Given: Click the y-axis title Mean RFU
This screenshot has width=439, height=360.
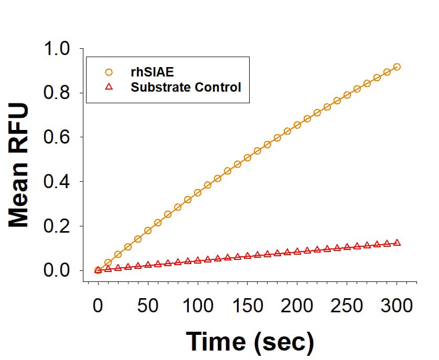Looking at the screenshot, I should [19, 165].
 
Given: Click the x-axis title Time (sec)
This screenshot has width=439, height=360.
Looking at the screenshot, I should [250, 341].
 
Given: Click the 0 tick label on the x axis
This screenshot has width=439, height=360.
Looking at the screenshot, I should [98, 305].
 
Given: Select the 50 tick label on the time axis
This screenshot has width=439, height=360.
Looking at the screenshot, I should [148, 305].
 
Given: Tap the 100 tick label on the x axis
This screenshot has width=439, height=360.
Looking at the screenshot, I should [198, 305].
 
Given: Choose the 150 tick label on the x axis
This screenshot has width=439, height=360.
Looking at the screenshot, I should [248, 305].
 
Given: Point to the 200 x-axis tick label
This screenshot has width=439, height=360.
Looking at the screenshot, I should [297, 305].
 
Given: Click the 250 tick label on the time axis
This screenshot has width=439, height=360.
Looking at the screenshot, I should [347, 305].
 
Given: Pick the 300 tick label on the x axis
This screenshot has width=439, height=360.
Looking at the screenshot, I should [397, 305].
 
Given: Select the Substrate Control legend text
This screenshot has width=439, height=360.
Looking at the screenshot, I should [186, 87].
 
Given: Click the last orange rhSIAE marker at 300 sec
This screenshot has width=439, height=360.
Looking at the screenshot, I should [397, 67].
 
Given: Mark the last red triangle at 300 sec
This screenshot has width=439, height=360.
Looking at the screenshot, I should [397, 243].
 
